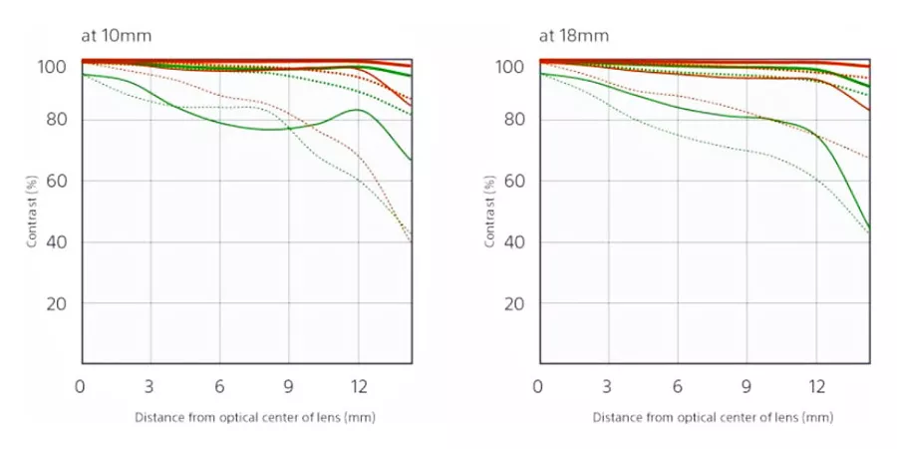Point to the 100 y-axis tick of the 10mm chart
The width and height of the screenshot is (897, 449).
coord(51,67)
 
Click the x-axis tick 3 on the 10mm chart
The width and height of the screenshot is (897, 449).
coord(149,386)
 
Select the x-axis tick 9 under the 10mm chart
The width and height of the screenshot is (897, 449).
coord(289,386)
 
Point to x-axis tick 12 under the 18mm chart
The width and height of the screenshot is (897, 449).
coord(816,386)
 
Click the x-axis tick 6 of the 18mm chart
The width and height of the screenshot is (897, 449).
coord(678,386)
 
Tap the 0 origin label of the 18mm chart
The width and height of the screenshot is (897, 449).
coord(539,386)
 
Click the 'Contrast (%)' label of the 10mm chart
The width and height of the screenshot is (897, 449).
coord(32,212)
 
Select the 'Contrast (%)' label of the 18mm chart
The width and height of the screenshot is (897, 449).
coord(490,212)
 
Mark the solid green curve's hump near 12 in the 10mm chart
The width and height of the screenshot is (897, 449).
coord(357,110)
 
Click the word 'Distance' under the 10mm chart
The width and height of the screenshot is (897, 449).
coord(157,417)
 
